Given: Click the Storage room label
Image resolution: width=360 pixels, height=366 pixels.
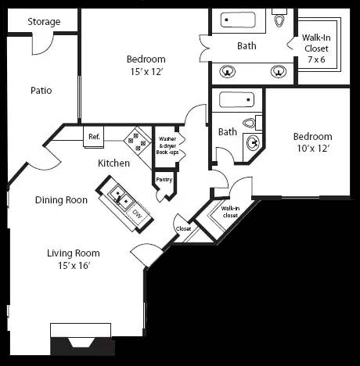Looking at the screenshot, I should pyautogui.click(x=44, y=22).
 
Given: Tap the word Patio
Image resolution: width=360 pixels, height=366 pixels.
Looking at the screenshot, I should pyautogui.click(x=41, y=90).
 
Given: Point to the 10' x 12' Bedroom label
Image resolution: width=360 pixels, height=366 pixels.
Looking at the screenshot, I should pyautogui.click(x=312, y=142).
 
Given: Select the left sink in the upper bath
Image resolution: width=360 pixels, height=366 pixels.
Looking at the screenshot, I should pyautogui.click(x=229, y=72).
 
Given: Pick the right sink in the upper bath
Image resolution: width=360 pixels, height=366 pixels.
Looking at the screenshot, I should pyautogui.click(x=278, y=72).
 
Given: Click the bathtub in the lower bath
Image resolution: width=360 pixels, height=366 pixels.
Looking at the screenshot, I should pyautogui.click(x=236, y=100).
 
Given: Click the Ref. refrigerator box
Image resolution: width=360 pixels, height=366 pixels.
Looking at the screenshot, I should pyautogui.click(x=94, y=137).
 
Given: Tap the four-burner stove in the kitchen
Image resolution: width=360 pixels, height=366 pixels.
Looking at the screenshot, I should pyautogui.click(x=139, y=139).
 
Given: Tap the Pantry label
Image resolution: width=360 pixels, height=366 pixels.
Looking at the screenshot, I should pyautogui.click(x=164, y=180).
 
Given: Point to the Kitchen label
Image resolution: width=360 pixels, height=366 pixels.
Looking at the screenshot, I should pyautogui.click(x=113, y=163).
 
